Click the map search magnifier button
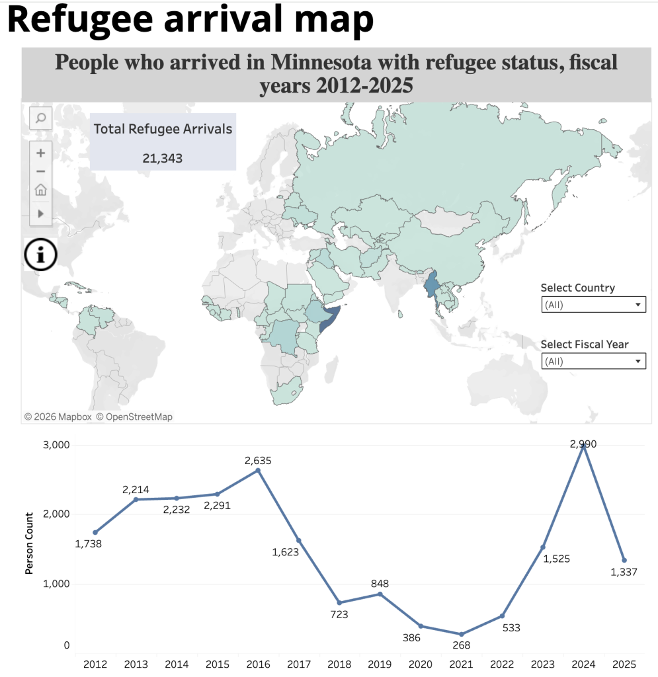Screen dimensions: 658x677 click(40, 118)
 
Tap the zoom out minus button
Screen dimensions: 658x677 click(40, 171)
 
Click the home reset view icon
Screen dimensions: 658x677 click(40, 190)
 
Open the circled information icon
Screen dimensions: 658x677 click(40, 255)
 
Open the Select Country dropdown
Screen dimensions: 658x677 click(594, 304)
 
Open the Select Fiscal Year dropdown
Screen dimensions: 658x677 click(594, 361)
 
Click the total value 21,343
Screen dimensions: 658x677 click(162, 159)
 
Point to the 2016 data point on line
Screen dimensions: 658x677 click(258, 470)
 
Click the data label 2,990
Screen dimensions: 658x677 click(583, 444)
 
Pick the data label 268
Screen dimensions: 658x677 click(461, 645)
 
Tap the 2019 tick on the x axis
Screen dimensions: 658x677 click(380, 664)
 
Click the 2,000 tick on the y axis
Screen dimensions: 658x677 click(56, 514)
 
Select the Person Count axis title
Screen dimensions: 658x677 click(29, 543)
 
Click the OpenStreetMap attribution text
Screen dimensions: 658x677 click(134, 417)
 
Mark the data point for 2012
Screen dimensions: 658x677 click(95, 532)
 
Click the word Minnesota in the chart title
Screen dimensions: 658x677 click(321, 62)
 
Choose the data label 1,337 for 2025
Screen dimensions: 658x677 click(624, 572)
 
